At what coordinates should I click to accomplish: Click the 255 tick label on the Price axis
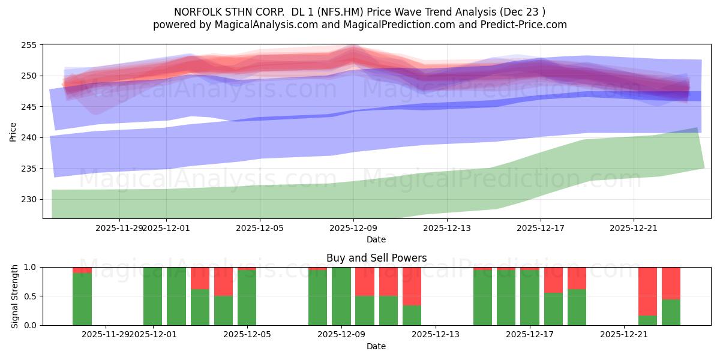29,45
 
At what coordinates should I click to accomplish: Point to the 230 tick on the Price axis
29,199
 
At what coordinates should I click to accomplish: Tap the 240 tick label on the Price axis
29,137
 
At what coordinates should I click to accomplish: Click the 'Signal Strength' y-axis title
16,296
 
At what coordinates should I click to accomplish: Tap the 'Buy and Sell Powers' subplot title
376,258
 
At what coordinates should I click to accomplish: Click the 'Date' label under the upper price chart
376,239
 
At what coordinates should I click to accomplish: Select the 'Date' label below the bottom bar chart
376,346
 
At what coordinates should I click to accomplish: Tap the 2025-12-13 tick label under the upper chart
447,228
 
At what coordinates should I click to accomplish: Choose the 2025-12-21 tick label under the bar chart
624,335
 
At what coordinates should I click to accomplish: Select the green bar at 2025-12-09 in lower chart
341,296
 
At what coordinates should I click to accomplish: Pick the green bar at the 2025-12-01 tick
152,296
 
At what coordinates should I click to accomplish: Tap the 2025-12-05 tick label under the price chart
260,228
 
